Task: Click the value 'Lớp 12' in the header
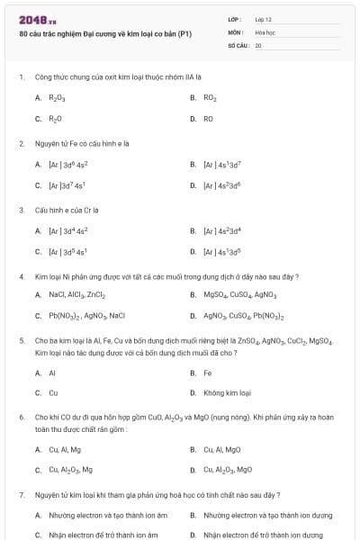pyautogui.click(x=264, y=19)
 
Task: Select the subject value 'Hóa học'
pyautogui.click(x=265, y=31)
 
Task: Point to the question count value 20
pyautogui.click(x=258, y=44)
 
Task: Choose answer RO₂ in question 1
pyautogui.click(x=210, y=97)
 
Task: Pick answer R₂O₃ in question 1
pyautogui.click(x=56, y=97)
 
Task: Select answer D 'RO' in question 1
pyautogui.click(x=208, y=118)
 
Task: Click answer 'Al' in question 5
pyautogui.click(x=52, y=372)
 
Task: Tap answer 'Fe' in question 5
pyautogui.click(x=208, y=372)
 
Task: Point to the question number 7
pyautogui.click(x=21, y=495)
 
